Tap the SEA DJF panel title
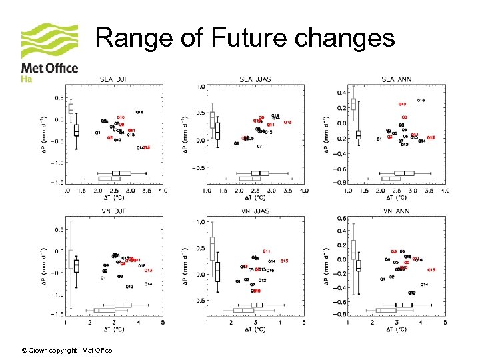tap(114, 79)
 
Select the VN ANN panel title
tap(396, 211)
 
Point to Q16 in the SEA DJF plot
tap(139, 111)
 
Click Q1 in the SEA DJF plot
tap(98, 133)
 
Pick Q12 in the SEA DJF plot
tap(117, 140)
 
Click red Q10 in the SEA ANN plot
tap(402, 105)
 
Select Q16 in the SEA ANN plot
tap(421, 100)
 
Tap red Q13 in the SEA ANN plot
tap(431, 137)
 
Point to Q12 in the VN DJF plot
tap(129, 287)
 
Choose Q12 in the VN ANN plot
tap(412, 293)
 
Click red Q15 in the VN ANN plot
tap(431, 270)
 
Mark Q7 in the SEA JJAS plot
tap(259, 146)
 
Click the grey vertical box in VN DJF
tap(71, 259)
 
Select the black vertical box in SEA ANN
tap(359, 135)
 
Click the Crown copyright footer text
tap(67, 351)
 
